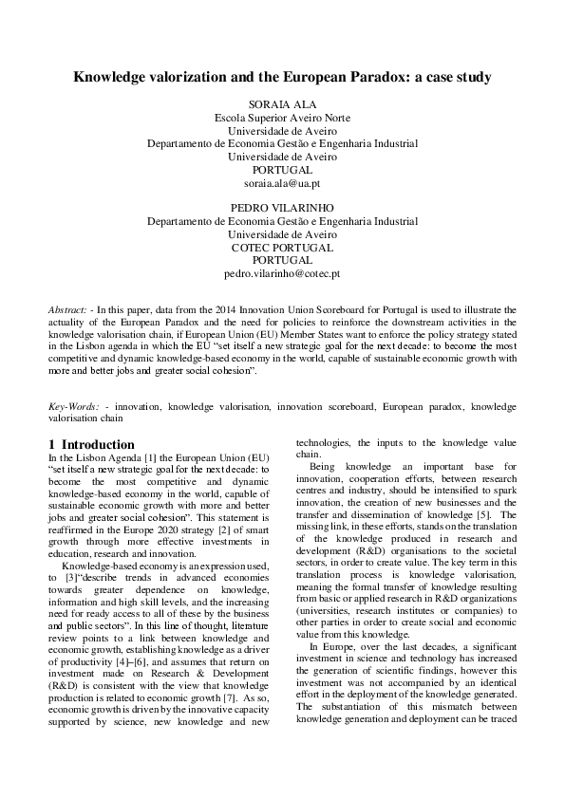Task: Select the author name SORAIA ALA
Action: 282,103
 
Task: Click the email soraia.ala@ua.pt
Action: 282,182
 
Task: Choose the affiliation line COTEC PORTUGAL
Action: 282,247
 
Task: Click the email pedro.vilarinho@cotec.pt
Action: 282,273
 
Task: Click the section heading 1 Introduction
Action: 91,444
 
